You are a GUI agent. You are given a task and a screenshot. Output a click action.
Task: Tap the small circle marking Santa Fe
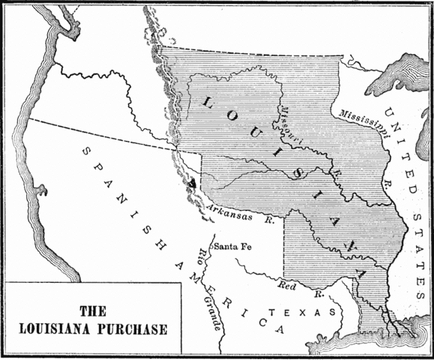[x=213, y=245]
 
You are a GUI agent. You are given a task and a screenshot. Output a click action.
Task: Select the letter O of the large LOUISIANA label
[x=214, y=109]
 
